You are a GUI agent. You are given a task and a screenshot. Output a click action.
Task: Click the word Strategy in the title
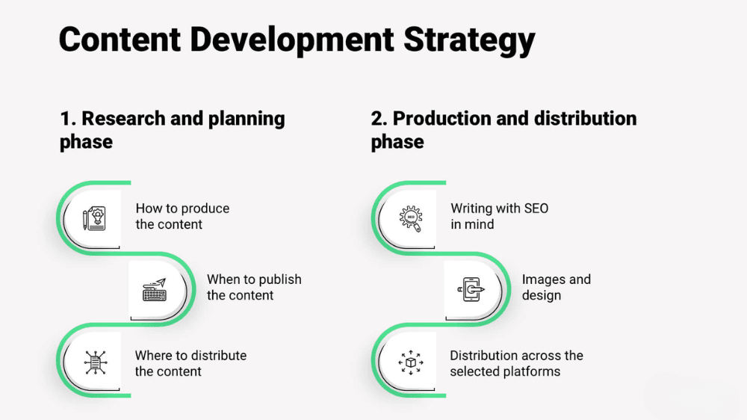click(469, 40)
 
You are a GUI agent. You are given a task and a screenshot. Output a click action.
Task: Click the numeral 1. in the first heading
click(68, 119)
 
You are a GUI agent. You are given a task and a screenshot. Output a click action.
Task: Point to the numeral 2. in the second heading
click(379, 119)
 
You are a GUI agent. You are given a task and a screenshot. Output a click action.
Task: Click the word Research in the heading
click(123, 119)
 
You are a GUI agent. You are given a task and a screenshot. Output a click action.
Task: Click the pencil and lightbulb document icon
click(94, 219)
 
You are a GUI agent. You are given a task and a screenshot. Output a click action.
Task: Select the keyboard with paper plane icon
click(155, 290)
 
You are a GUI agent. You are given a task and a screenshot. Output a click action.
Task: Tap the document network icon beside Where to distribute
click(96, 362)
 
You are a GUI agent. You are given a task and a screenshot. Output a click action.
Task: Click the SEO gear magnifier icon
click(411, 219)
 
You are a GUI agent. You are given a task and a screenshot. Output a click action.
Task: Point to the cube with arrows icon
click(411, 362)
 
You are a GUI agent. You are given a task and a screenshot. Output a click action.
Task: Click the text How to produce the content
click(182, 217)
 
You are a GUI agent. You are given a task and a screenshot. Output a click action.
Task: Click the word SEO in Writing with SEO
click(536, 209)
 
